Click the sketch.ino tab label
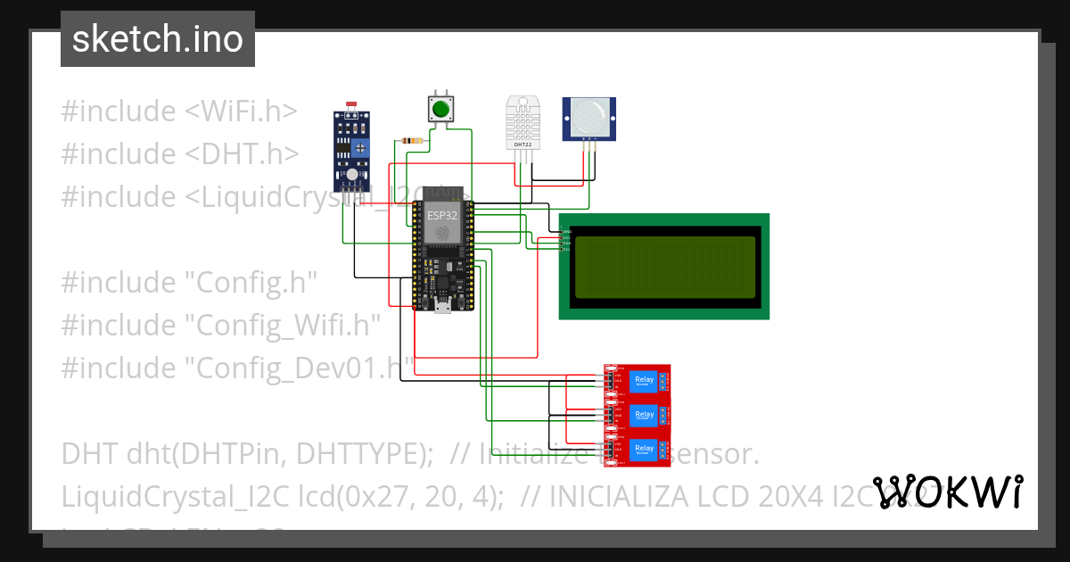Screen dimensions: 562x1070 pos(157,39)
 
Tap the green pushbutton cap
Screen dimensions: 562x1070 pos(440,110)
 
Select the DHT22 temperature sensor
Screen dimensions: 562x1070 pos(522,122)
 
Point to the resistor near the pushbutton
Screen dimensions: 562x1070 pos(413,140)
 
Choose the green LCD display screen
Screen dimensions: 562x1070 pos(664,267)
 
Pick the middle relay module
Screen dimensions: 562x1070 pos(638,416)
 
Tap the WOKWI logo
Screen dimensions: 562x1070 pos(948,492)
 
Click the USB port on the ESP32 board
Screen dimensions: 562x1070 pos(440,309)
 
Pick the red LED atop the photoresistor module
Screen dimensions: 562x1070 pos(351,106)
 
